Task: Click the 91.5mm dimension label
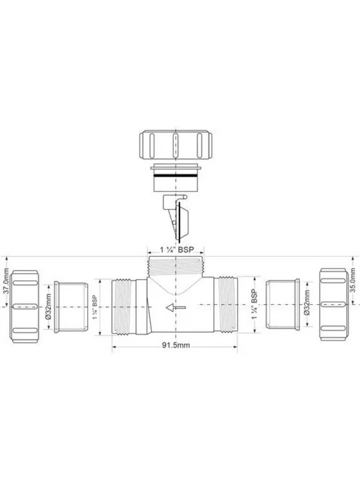click(176, 345)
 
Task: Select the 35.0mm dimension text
click(353, 280)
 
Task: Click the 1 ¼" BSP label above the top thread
click(177, 250)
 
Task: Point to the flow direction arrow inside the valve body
click(176, 308)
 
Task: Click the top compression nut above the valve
click(176, 145)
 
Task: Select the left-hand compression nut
click(24, 306)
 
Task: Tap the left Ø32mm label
click(48, 306)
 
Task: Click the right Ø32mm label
click(307, 303)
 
